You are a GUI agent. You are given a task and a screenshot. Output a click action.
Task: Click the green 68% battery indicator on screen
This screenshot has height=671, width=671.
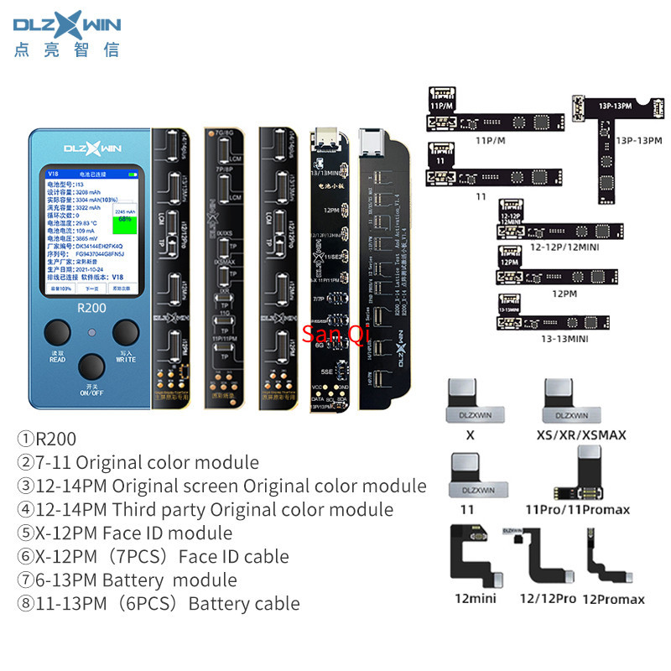coord(125,218)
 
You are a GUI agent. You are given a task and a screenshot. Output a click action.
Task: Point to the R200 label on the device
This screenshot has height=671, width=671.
coord(92,307)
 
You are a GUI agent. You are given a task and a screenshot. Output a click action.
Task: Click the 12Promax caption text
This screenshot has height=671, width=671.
coord(613,599)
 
